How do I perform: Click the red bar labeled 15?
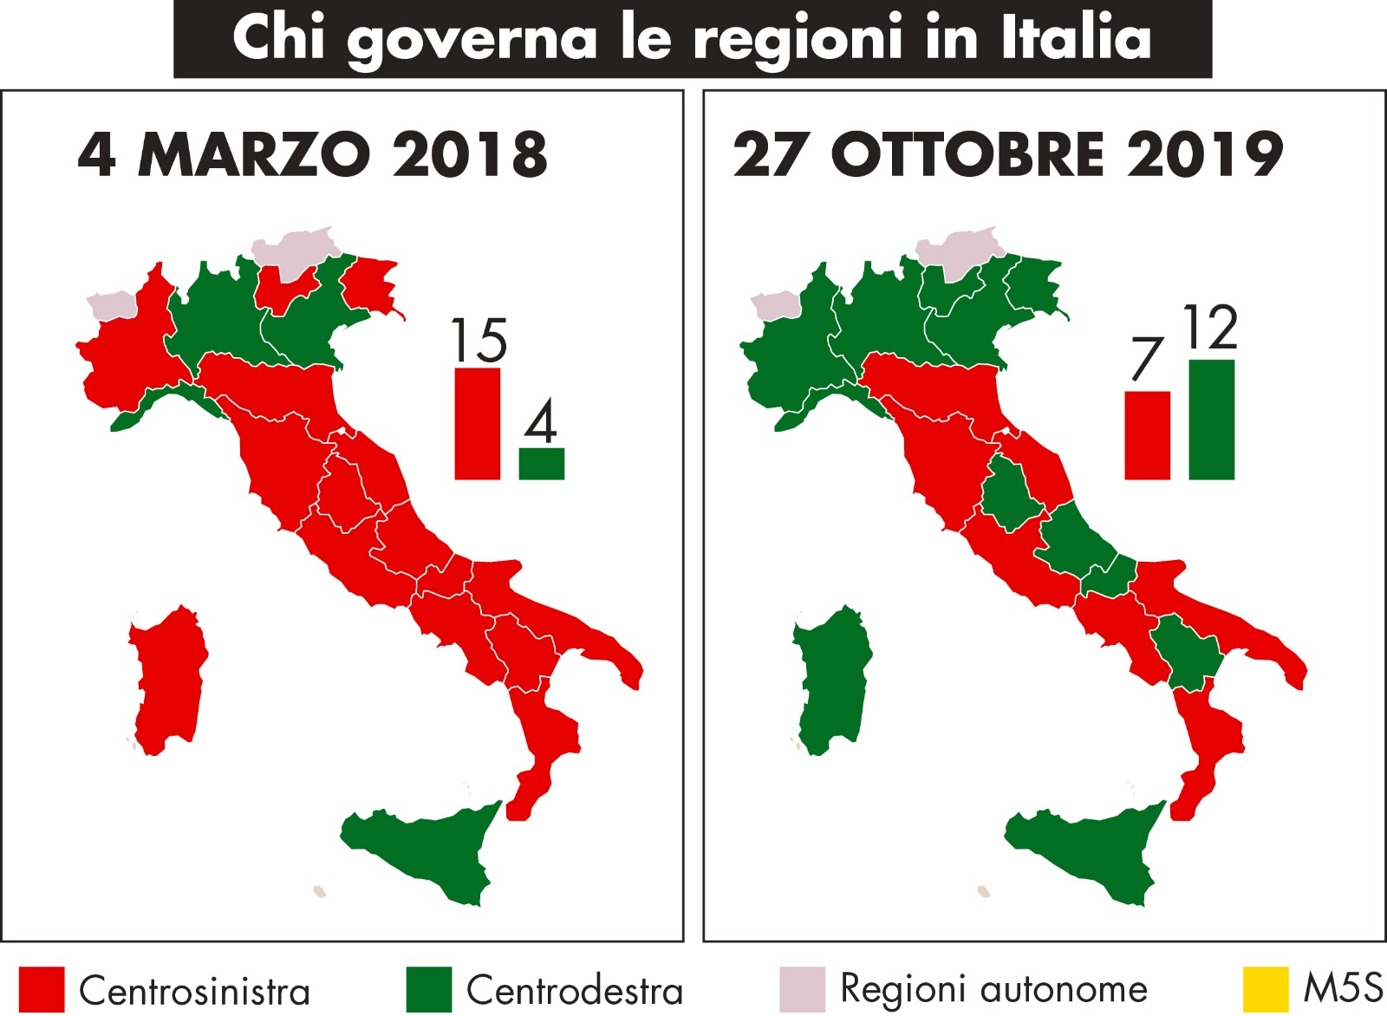point(478,424)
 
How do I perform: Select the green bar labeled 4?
point(542,464)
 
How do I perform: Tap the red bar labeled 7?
point(1147,435)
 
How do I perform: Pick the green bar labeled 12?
point(1211,420)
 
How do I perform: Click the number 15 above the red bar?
point(479,341)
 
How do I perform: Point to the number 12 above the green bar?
point(1210,328)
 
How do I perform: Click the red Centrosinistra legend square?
point(42,990)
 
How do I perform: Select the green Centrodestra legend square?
point(428,990)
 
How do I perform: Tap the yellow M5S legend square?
point(1265,989)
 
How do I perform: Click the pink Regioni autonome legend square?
point(802,990)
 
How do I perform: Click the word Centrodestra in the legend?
point(575,990)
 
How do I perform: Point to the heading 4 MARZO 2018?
point(313,155)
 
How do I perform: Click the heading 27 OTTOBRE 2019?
point(1007,155)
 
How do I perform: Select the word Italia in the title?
point(1077,39)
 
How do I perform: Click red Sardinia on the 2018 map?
point(168,681)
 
